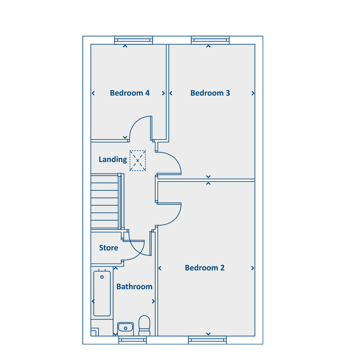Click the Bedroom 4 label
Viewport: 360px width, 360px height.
[x=130, y=93]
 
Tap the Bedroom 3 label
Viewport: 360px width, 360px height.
[x=210, y=93]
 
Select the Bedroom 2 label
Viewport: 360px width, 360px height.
[x=204, y=268]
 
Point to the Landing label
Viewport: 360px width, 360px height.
[x=113, y=159]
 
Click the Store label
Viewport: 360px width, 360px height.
[x=108, y=248]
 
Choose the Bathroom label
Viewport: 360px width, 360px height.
[x=134, y=286]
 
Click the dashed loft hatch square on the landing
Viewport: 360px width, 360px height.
[x=138, y=161]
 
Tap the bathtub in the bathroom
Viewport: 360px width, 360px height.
[x=102, y=294]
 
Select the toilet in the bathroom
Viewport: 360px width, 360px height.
[x=144, y=326]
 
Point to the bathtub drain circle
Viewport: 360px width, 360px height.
[x=102, y=277]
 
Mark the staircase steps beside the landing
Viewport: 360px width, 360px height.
[x=105, y=201]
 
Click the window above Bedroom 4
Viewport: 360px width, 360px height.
[x=134, y=40]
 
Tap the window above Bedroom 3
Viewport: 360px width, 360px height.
[x=210, y=40]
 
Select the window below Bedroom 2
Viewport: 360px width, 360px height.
[x=207, y=340]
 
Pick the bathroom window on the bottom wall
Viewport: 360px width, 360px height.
[x=132, y=340]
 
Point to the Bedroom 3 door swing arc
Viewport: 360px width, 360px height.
[x=174, y=158]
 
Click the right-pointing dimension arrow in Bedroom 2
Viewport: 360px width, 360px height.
[x=252, y=268]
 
